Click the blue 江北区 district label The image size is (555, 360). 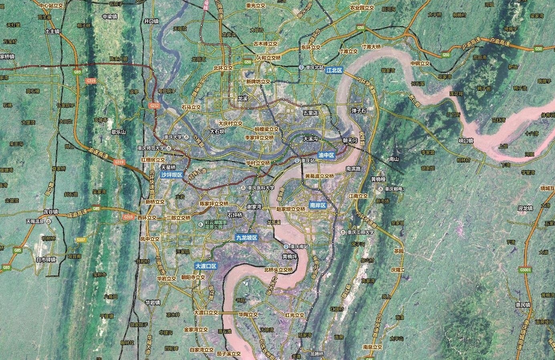[x=334, y=70]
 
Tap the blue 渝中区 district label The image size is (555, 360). [x=326, y=155]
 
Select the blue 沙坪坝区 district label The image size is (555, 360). [x=172, y=175]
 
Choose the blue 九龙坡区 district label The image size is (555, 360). [x=246, y=237]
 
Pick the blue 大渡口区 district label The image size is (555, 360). [x=206, y=266]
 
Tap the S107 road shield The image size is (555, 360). [x=81, y=240]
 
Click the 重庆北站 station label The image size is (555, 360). [x=314, y=67]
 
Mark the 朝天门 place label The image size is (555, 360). [x=350, y=141]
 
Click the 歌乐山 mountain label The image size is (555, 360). [x=119, y=132]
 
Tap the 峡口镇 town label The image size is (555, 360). [x=466, y=141]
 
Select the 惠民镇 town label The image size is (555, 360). [x=523, y=305]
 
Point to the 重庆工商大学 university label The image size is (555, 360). [x=361, y=232]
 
